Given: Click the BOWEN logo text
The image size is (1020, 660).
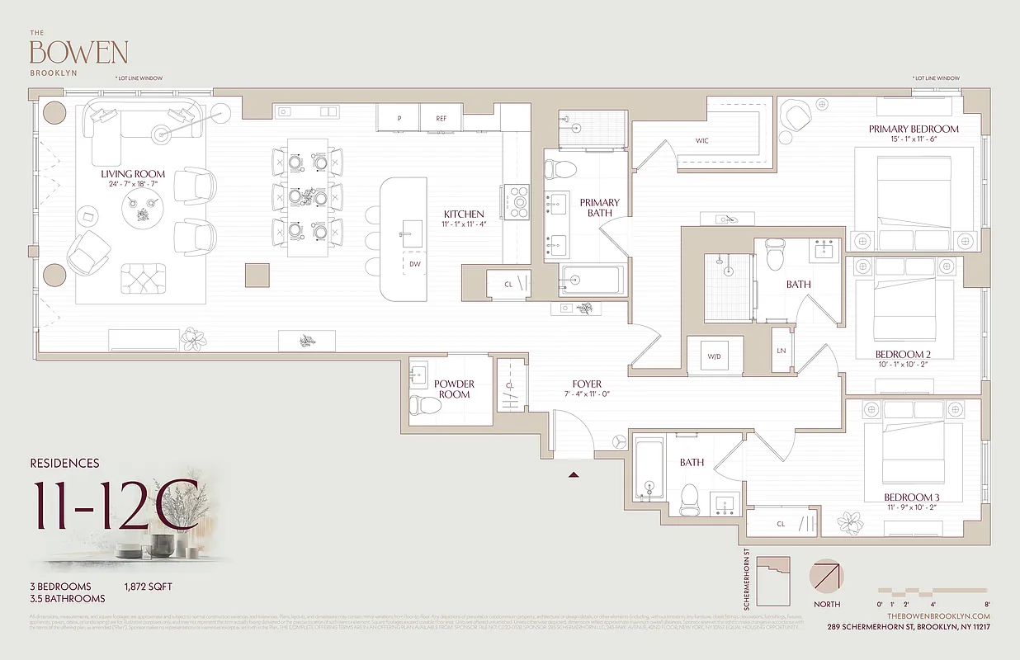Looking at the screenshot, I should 78,52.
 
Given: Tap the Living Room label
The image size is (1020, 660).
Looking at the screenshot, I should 133,174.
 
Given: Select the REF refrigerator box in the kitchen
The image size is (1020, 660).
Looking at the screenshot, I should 442,119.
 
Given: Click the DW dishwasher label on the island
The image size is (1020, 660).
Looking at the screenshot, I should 415,265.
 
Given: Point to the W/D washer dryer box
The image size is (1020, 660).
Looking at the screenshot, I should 715,357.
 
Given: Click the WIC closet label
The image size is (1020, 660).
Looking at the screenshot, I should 701,141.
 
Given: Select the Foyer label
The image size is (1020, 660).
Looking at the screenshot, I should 587,384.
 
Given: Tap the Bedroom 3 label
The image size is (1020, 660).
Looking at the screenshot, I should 912,497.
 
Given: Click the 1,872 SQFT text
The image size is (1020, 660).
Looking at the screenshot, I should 149,587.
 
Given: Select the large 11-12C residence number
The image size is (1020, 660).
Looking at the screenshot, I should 116,504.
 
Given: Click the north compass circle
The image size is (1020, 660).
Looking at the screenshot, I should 828,577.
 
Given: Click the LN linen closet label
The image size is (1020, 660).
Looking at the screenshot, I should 781,351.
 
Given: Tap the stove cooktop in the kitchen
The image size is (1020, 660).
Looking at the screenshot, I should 519,200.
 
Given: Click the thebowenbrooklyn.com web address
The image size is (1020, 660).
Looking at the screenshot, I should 938,616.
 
